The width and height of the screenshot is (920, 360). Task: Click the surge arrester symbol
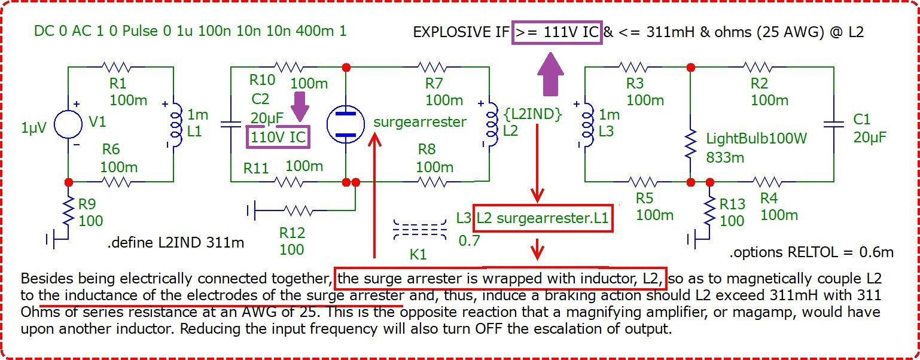345,124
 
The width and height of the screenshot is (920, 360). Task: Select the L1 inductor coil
176,124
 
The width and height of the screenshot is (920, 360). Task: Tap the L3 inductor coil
587,124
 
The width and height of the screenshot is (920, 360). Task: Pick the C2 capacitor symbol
231,124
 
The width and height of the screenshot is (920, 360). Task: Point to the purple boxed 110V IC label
278,137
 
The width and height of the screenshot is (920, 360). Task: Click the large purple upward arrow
550,74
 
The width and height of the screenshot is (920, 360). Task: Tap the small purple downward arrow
300,106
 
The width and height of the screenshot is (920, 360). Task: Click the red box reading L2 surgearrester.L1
543,218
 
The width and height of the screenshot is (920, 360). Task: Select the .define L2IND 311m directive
176,243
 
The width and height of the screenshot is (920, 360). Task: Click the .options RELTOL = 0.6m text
812,252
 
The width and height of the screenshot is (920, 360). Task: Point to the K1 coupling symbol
420,230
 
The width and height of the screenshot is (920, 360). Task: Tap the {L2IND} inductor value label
533,114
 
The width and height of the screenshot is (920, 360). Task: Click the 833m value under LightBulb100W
725,157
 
